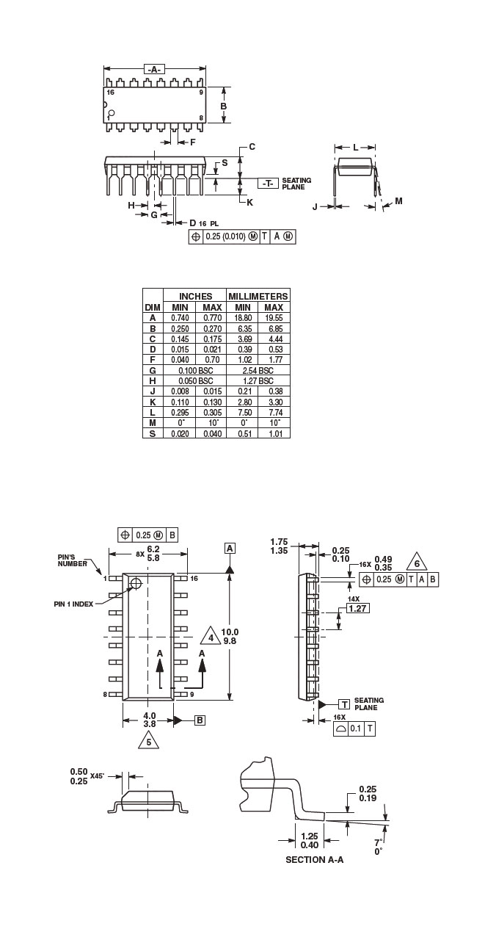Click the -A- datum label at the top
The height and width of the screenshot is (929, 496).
point(154,69)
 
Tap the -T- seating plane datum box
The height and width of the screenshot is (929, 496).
point(268,184)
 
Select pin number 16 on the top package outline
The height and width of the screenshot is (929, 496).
point(111,93)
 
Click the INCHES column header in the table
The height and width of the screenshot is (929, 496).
point(195,296)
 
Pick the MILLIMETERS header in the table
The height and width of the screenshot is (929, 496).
point(258,296)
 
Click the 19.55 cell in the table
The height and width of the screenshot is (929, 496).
point(274,317)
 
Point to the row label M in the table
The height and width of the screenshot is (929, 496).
point(153,423)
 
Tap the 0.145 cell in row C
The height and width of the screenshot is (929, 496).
point(180,339)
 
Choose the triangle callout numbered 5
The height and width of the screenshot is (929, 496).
point(149,742)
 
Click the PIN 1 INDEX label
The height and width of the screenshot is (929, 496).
point(73,604)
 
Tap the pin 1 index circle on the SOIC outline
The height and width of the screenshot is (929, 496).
point(136,584)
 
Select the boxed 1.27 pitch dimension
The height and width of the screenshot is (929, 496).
point(357,608)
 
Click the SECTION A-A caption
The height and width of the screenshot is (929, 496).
point(314,859)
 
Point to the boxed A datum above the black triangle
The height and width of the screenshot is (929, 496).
point(230,549)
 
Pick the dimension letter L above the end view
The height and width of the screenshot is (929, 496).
point(355,147)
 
